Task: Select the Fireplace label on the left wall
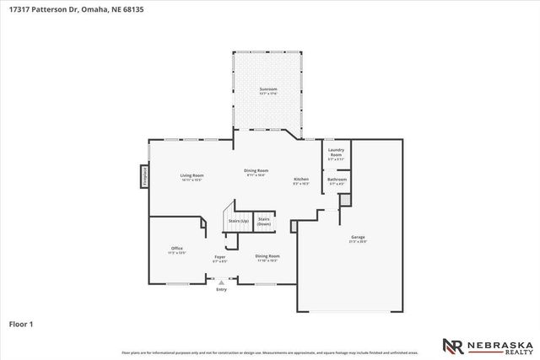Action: pos(144,176)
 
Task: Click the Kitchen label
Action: pos(301,179)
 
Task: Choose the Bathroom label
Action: pos(337,180)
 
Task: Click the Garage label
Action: pos(359,238)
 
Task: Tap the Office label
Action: pos(176,248)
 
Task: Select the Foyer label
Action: pos(219,255)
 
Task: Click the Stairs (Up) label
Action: pos(239,220)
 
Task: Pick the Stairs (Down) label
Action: pos(264,221)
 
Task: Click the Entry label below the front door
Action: pos(222,290)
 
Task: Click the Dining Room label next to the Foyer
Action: pos(267,255)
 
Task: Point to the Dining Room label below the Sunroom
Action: pos(256,171)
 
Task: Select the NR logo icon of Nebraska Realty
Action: pos(452,346)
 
